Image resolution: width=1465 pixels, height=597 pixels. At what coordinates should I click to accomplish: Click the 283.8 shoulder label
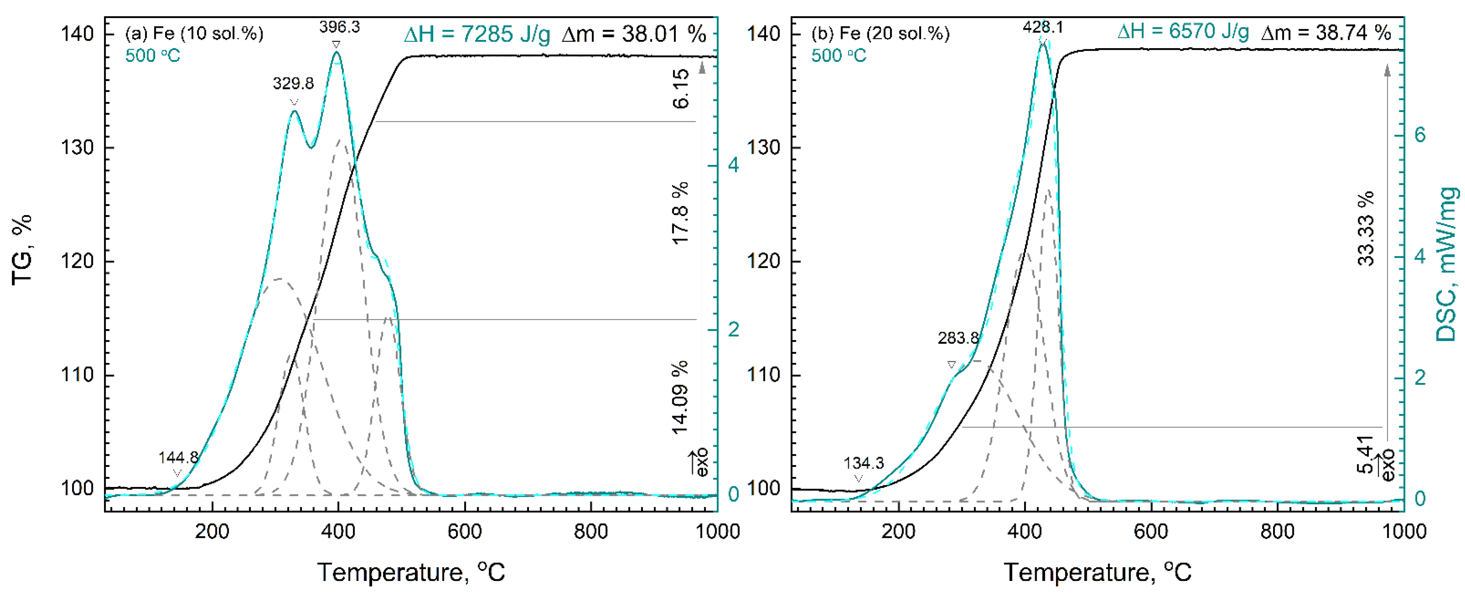tap(958, 338)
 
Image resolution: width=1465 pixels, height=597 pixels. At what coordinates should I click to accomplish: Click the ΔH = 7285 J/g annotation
tap(477, 35)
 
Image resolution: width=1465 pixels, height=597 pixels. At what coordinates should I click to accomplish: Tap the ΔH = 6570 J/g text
tap(1183, 32)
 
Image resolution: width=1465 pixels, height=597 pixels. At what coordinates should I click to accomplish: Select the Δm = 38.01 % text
tap(634, 35)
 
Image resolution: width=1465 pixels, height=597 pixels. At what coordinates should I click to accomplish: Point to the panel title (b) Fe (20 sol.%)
tap(880, 33)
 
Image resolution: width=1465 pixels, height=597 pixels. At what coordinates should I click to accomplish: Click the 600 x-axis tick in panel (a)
tap(465, 531)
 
